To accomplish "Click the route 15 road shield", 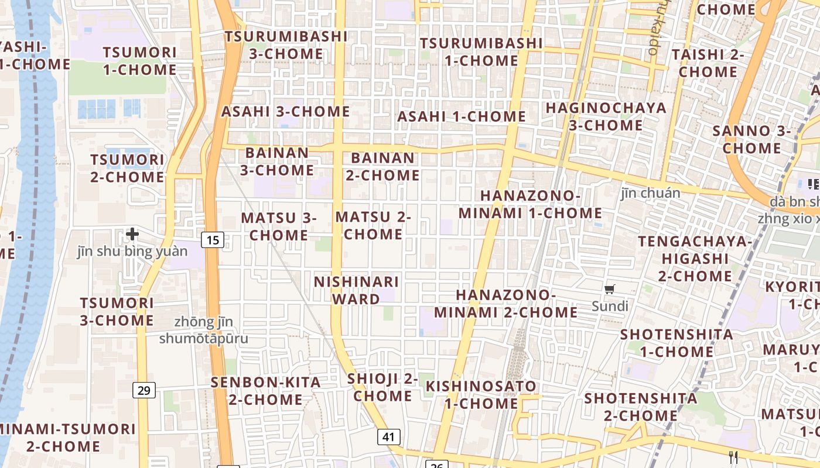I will pyautogui.click(x=213, y=239).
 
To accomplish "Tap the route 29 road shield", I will pyautogui.click(x=145, y=390).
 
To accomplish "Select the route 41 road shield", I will pyautogui.click(x=389, y=436).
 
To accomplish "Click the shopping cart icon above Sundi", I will pyautogui.click(x=610, y=289).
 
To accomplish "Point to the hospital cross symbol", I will pyautogui.click(x=133, y=235).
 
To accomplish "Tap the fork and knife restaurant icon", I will pyautogui.click(x=733, y=457).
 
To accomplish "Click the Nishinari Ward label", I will pyautogui.click(x=356, y=290).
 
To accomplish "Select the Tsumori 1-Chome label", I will pyautogui.click(x=139, y=61).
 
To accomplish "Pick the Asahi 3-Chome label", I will pyautogui.click(x=285, y=111).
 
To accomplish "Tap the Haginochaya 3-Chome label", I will pyautogui.click(x=606, y=116).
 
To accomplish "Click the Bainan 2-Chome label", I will pyautogui.click(x=385, y=166).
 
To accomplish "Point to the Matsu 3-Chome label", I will pyautogui.click(x=278, y=226).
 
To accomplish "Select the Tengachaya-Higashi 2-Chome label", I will pyautogui.click(x=695, y=258).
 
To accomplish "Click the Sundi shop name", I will pyautogui.click(x=610, y=306).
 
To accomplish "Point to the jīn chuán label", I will pyautogui.click(x=651, y=193).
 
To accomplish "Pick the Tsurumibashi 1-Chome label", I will pyautogui.click(x=481, y=51).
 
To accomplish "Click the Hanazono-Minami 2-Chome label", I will pyautogui.click(x=505, y=303).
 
